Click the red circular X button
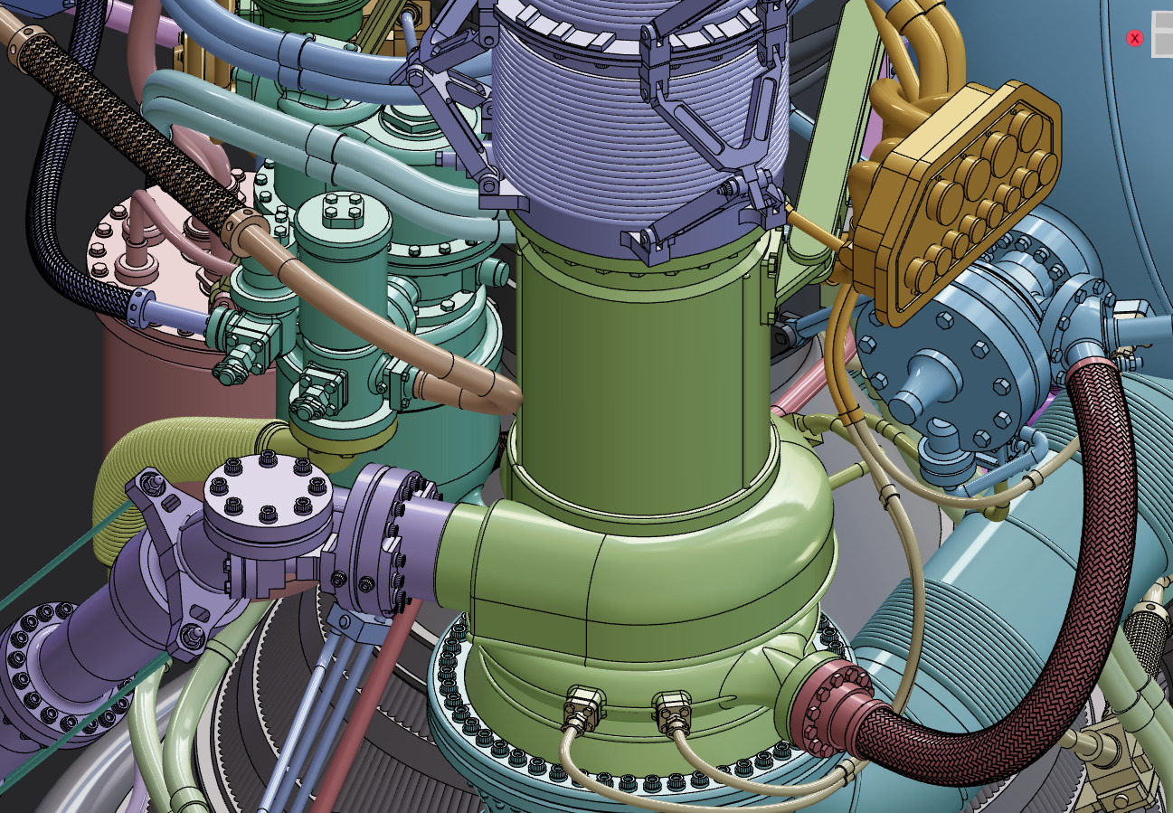click(1134, 38)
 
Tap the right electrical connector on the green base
click(672, 711)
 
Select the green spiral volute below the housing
click(633, 579)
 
